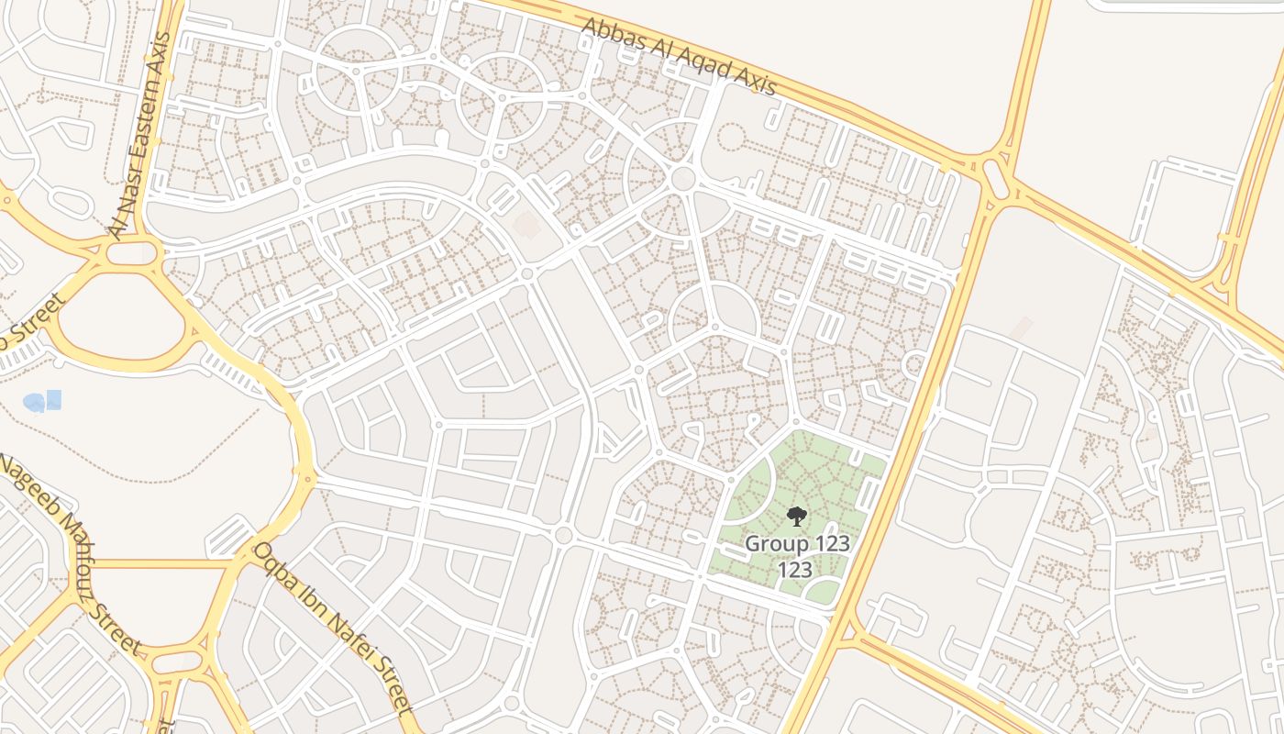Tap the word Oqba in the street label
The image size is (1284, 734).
point(272,562)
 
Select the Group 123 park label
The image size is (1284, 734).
point(796,543)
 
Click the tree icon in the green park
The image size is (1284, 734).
point(796,516)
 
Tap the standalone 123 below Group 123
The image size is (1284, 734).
point(794,570)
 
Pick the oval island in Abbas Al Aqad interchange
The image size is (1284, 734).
point(996,177)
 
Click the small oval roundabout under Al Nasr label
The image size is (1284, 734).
point(132,253)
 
